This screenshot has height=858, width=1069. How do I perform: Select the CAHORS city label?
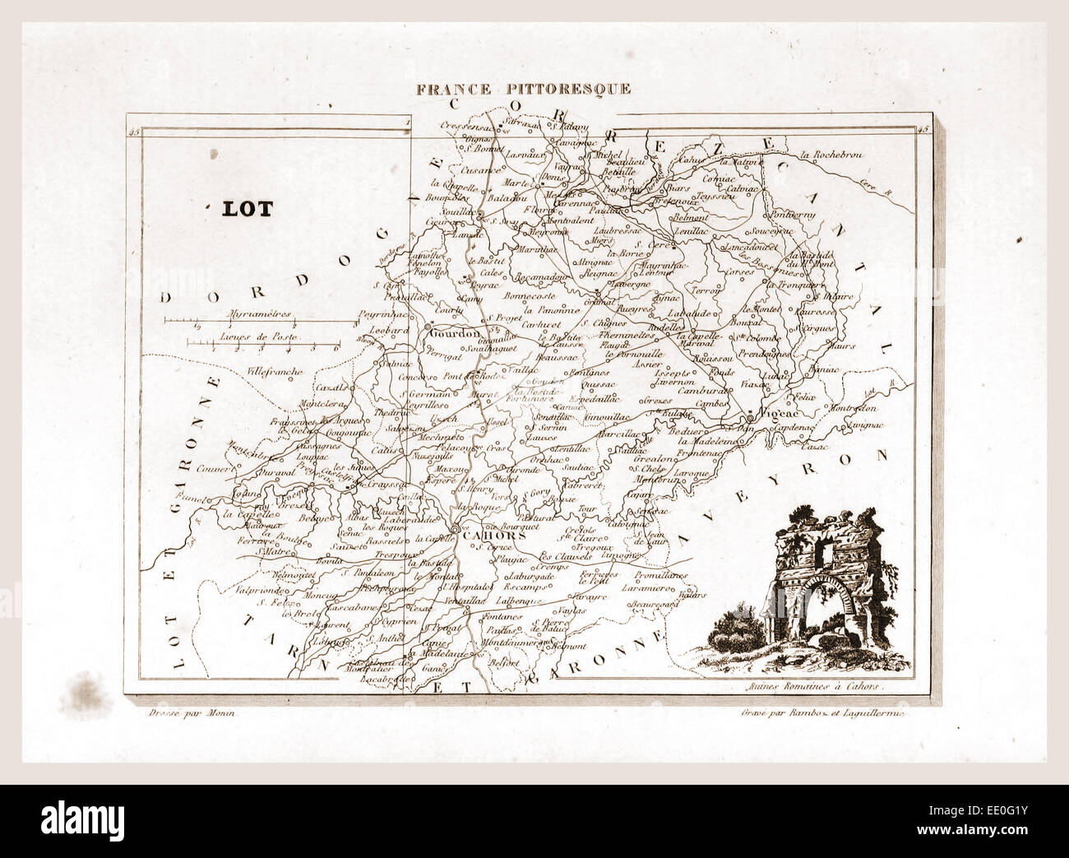490,536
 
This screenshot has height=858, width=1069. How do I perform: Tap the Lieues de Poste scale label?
258,337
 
